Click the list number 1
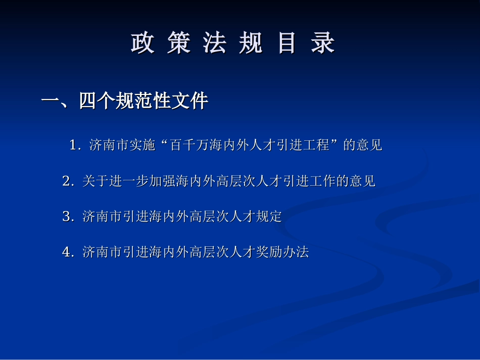click(x=75, y=145)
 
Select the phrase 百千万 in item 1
click(x=189, y=145)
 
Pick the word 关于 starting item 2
click(x=95, y=181)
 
